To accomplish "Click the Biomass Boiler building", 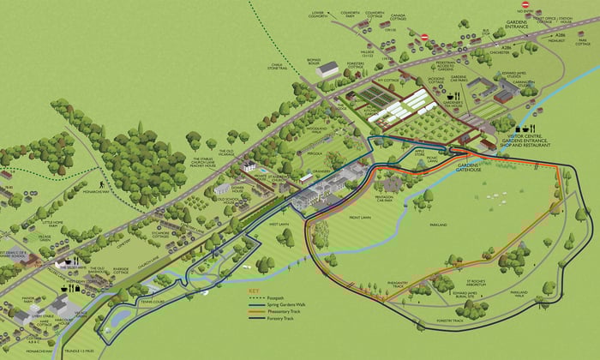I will click(x=328, y=70).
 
